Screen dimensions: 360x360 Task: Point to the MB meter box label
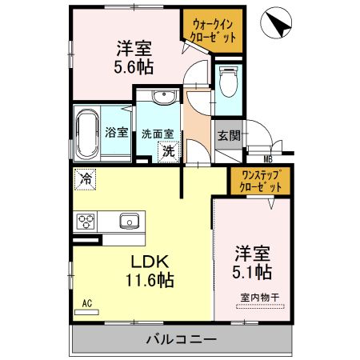(258, 159)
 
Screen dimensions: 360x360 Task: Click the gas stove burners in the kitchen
(86, 221)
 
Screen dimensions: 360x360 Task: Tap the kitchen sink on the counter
(129, 221)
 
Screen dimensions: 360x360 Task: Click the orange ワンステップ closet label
(261, 174)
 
